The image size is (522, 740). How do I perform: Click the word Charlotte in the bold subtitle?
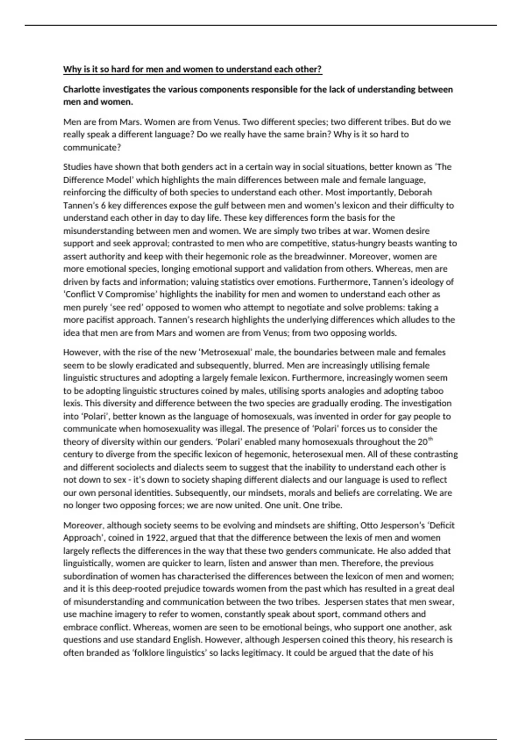click(x=80, y=89)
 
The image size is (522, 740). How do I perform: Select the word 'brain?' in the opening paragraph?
click(x=318, y=134)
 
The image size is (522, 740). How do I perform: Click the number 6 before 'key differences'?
click(x=103, y=205)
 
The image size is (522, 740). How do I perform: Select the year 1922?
click(x=155, y=538)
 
